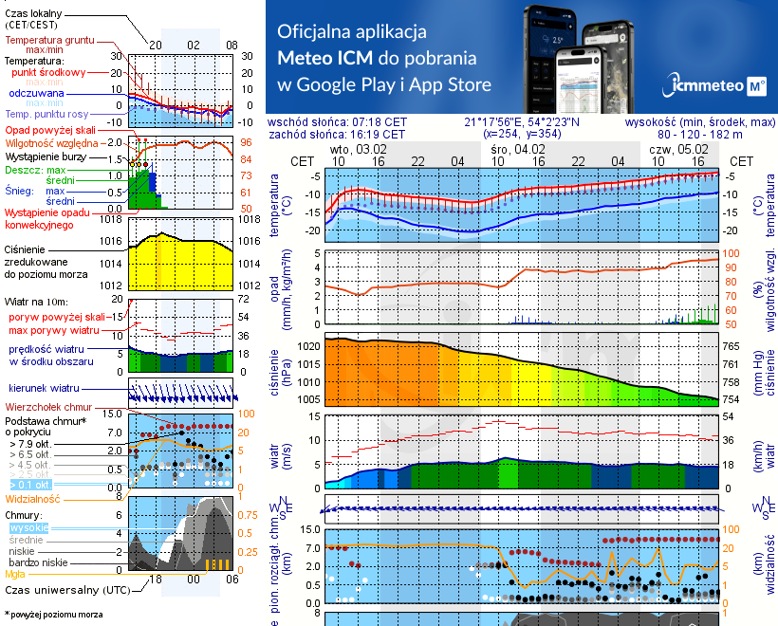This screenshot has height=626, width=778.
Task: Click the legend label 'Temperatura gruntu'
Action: [46, 41]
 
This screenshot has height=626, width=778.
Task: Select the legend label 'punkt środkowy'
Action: [48, 72]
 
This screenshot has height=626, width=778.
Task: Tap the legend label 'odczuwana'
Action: [36, 94]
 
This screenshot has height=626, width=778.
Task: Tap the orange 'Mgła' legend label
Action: [15, 574]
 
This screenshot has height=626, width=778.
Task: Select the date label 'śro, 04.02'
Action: [518, 149]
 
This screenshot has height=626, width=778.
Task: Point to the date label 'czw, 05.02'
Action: [679, 149]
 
